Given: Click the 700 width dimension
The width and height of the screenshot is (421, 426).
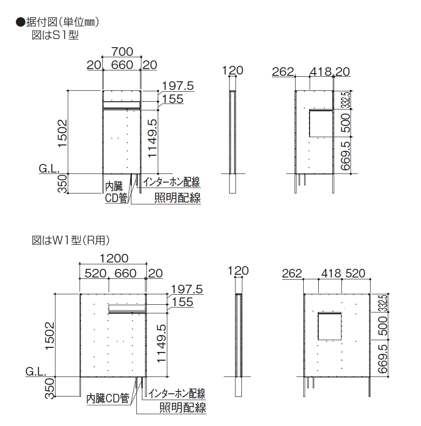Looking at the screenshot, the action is click(122, 52).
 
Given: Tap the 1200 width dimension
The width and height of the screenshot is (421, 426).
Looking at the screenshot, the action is click(114, 258).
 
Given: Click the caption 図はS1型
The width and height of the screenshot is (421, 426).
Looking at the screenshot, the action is click(55, 35).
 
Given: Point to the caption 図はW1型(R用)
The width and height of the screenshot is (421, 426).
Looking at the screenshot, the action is click(71, 240).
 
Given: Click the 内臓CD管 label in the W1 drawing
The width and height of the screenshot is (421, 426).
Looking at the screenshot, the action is click(108, 399).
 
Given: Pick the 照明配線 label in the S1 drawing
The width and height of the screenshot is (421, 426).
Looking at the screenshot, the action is click(178, 198).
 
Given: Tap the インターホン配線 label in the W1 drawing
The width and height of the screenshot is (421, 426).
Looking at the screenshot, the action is click(177, 393).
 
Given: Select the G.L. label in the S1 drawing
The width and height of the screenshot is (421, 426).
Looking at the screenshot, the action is click(49, 168).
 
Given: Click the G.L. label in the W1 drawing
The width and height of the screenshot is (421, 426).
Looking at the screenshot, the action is click(35, 372).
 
